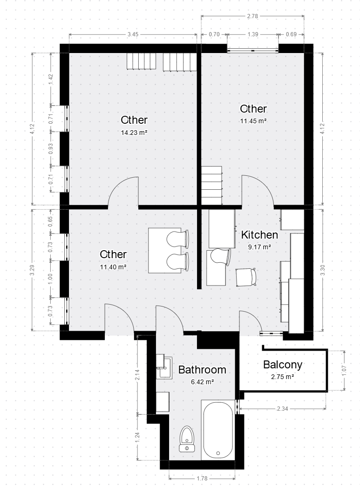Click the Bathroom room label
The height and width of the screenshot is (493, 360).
(202, 369)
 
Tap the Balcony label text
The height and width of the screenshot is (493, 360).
(283, 365)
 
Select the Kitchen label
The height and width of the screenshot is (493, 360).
(259, 235)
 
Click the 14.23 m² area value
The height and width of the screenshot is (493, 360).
(134, 133)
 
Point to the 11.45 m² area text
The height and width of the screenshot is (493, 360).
(253, 121)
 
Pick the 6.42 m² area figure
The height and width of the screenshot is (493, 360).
(203, 382)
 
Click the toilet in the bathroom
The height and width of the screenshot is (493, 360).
(187, 439)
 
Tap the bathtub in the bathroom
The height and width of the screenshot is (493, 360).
(218, 430)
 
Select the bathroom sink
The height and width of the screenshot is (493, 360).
(165, 367)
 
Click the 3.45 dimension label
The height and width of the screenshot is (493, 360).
(133, 34)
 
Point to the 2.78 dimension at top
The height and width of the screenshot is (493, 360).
(252, 16)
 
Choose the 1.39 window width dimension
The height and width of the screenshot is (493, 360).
(253, 34)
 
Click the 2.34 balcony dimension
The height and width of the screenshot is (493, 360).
(283, 409)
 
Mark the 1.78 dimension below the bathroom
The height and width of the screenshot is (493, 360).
(202, 479)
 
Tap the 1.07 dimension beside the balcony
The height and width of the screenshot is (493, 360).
(344, 370)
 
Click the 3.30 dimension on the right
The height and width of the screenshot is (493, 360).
(322, 270)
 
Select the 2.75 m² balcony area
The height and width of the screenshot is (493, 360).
(283, 377)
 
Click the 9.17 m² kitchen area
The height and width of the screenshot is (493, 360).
(259, 247)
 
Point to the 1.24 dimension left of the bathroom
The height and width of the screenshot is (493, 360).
(137, 437)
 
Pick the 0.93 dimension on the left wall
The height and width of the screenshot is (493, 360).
(51, 149)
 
